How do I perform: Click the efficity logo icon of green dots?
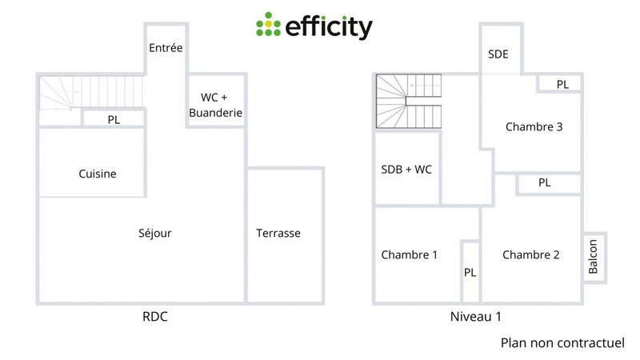click(269, 26)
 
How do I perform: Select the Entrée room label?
click(166, 48)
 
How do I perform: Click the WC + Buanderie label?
click(215, 106)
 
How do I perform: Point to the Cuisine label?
click(98, 174)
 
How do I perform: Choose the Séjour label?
click(154, 233)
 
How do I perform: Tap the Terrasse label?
click(278, 233)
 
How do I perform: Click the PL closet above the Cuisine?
click(114, 119)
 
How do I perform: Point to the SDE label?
click(498, 55)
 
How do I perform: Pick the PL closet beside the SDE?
click(562, 84)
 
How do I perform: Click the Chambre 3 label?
click(534, 126)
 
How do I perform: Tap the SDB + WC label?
click(406, 170)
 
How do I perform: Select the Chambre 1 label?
click(409, 255)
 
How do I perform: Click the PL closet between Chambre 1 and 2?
click(470, 272)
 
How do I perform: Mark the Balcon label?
click(593, 256)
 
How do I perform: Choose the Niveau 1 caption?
click(475, 317)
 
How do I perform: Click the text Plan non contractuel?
click(562, 342)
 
